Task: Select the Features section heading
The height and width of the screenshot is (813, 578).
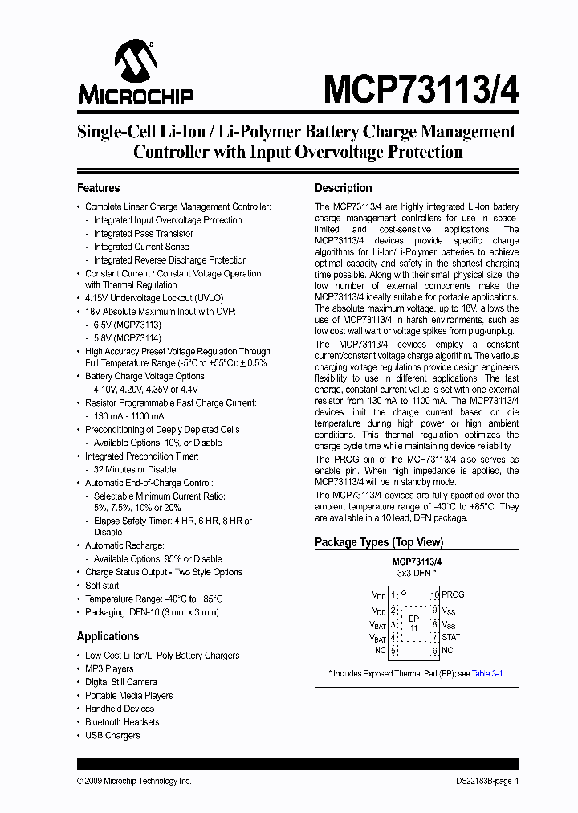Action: pos(98,188)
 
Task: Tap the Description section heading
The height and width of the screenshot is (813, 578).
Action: pos(343,188)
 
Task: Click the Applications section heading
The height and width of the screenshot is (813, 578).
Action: pos(108,636)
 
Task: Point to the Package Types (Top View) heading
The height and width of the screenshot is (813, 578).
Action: pos(378,542)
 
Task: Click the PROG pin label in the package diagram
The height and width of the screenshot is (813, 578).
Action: pos(453,594)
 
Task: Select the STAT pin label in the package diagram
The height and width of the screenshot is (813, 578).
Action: pos(452,637)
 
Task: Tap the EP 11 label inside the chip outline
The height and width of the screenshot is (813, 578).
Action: pos(414,623)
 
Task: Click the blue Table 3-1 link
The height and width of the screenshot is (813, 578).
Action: pos(487,673)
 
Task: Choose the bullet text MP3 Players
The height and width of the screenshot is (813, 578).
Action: pos(109,668)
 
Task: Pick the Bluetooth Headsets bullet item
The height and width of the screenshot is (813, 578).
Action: pos(122,722)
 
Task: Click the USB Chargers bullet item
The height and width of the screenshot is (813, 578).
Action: pos(112,735)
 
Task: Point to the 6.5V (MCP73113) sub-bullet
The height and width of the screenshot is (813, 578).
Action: pos(127,325)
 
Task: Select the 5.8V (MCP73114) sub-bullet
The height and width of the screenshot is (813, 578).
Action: pos(127,337)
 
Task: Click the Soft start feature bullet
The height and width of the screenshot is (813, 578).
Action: pos(102,586)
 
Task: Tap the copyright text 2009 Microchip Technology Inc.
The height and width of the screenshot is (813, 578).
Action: pos(134,781)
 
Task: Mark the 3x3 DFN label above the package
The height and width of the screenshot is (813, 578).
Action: pos(416,574)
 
